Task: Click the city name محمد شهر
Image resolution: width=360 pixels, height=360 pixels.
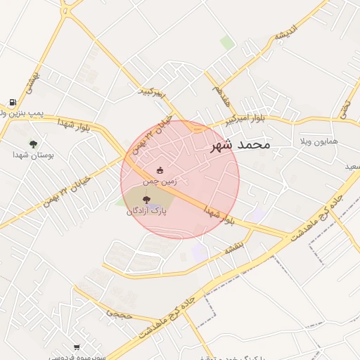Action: click(x=240, y=146)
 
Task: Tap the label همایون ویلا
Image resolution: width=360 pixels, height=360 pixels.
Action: click(x=319, y=141)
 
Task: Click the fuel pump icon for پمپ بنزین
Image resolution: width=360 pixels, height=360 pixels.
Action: click(x=13, y=102)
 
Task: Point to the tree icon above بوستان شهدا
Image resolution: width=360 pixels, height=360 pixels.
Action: click(x=33, y=143)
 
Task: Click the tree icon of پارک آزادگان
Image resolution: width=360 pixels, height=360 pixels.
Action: click(x=146, y=200)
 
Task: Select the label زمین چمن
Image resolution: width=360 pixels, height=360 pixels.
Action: click(x=160, y=181)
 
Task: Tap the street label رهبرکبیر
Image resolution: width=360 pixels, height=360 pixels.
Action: click(x=150, y=92)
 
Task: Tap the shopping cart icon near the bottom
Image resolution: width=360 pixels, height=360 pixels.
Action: click(x=76, y=347)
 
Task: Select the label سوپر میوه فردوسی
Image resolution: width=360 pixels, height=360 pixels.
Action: click(x=77, y=356)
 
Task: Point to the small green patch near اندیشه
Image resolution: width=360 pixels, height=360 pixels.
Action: click(x=226, y=43)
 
